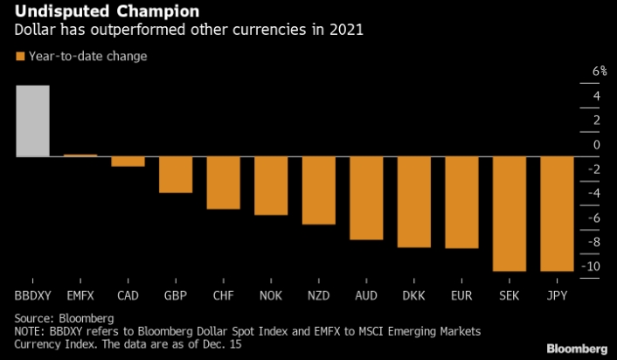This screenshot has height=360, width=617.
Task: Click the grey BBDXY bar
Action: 32,121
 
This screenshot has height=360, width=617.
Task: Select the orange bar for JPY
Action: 557,213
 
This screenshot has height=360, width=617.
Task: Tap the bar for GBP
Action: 175,175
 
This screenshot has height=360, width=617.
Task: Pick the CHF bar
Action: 223,183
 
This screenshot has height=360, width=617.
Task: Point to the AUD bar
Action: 366,197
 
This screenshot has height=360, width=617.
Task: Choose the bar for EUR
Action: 461,202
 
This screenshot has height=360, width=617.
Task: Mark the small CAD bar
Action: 128,161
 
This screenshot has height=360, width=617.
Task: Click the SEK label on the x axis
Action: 510,295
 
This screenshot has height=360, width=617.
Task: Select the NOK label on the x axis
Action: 271,295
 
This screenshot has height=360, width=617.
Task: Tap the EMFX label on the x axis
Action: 80,295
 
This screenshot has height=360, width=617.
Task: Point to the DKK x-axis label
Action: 414,295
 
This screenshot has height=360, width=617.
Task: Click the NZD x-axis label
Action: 318,295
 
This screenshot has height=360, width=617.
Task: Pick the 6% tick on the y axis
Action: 599,72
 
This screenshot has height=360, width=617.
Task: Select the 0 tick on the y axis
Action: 597,144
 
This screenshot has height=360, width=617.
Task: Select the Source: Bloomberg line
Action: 65,318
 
